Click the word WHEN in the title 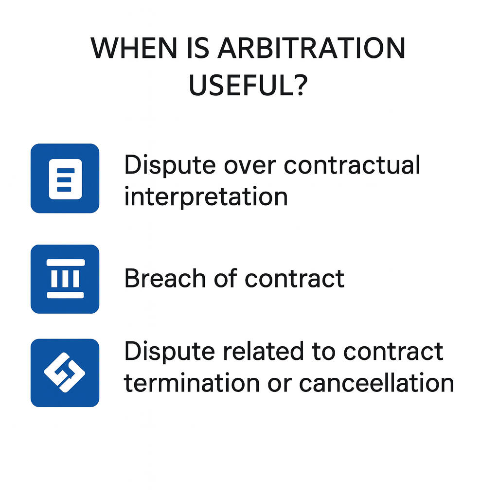tap(134, 48)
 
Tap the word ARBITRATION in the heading tap(311, 48)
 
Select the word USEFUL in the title tap(240, 85)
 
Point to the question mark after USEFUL tap(300, 85)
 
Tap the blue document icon tap(65, 178)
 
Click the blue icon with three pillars tap(65, 279)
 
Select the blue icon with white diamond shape tap(65, 373)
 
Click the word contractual tap(352, 165)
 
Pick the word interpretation tap(206, 197)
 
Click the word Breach tap(165, 278)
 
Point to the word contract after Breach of tap(294, 279)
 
